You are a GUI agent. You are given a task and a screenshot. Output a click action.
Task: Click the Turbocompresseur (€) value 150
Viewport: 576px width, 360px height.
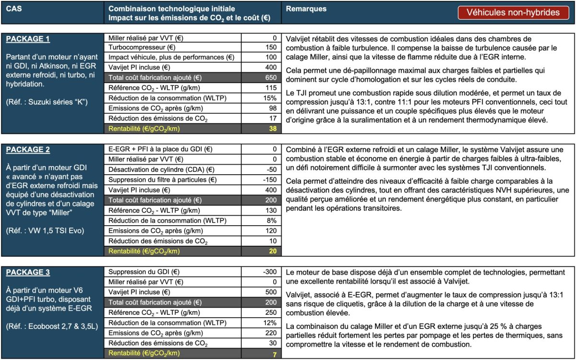(x=271, y=48)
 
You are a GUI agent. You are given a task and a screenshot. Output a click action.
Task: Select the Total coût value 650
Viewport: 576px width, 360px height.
(x=271, y=78)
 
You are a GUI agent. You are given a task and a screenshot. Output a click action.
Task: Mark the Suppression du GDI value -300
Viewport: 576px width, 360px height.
(x=269, y=272)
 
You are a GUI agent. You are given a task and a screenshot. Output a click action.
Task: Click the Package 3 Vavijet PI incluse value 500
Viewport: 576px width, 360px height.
(x=271, y=292)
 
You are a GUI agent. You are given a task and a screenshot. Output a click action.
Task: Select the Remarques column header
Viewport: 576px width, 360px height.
(x=306, y=9)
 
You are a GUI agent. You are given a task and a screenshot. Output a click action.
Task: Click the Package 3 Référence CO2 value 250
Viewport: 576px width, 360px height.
(x=271, y=312)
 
